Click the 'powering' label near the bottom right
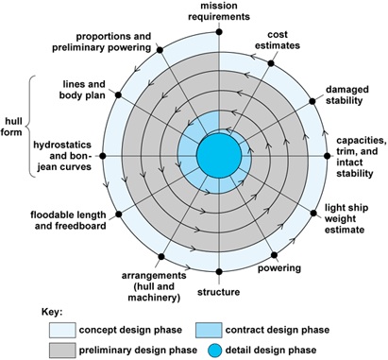point(305,268)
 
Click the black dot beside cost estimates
point(274,64)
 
